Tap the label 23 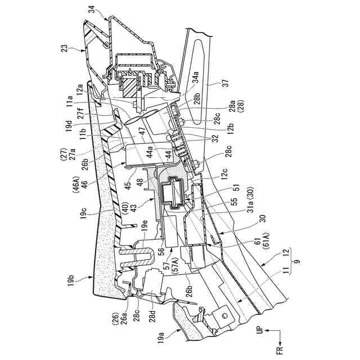[x=66, y=49]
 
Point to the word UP [x=260, y=332]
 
